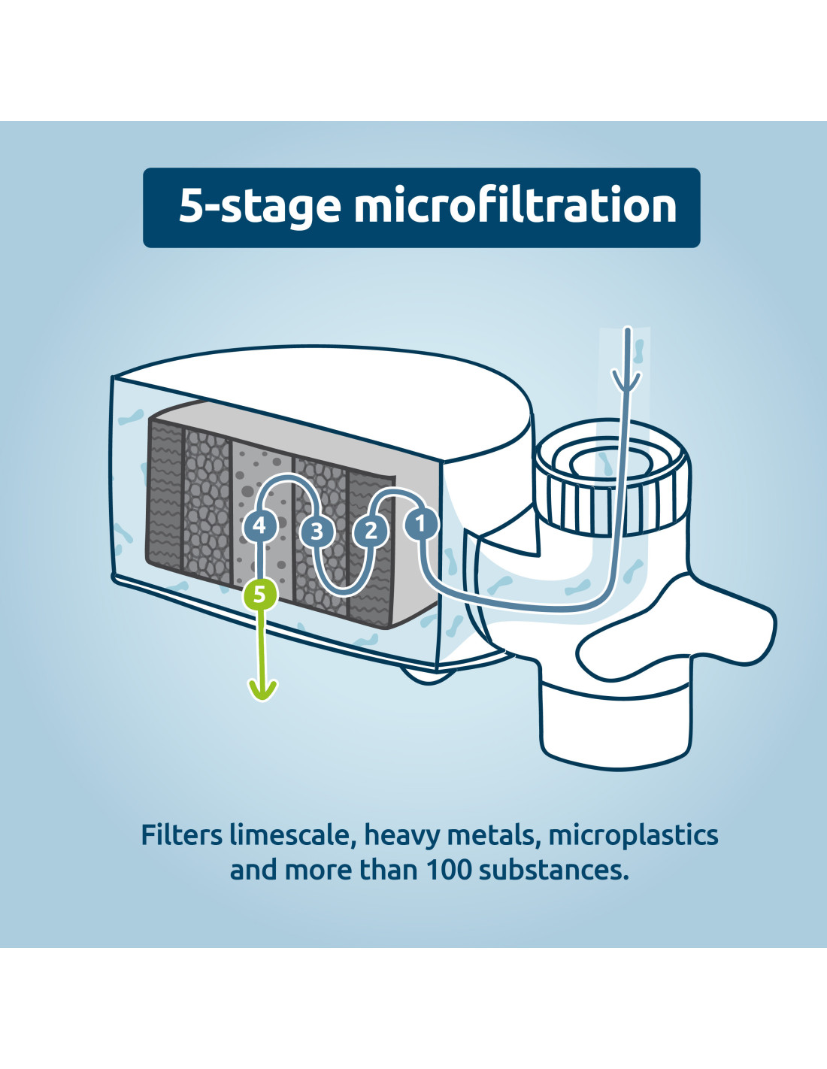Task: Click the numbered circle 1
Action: point(420,524)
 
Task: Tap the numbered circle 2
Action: point(371,531)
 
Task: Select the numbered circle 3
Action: point(317,531)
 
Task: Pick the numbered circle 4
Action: point(260,526)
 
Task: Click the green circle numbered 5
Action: point(260,595)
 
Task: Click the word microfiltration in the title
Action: point(515,206)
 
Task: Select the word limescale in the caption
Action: point(292,835)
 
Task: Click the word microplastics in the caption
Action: point(633,836)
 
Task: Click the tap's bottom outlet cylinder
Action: point(616,722)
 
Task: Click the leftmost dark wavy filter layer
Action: point(165,495)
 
